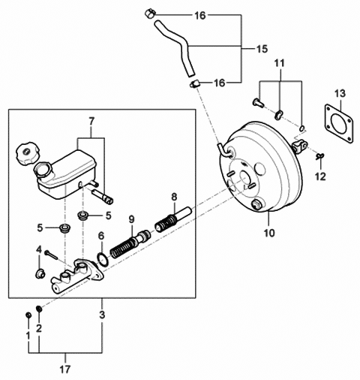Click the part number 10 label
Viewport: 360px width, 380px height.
(268, 233)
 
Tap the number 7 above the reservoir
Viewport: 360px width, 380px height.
(92, 120)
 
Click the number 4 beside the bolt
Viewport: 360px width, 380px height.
(39, 250)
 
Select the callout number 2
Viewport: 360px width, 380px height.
(40, 328)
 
